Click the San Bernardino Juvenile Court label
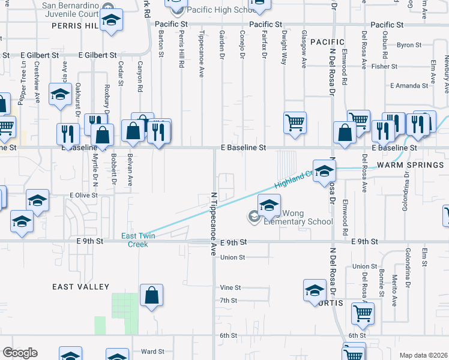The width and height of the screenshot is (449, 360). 70,8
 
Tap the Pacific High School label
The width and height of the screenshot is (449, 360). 214,10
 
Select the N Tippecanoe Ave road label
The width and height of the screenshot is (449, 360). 212,224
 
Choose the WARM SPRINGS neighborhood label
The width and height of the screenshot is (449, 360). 410,164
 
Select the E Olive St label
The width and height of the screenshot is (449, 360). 83,195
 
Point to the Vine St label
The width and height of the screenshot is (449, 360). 230,288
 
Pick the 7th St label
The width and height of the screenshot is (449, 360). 229,300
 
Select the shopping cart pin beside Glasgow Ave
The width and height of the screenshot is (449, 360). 295,123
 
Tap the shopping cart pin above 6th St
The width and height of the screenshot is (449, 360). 363,313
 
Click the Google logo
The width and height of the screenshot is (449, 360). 20,353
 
